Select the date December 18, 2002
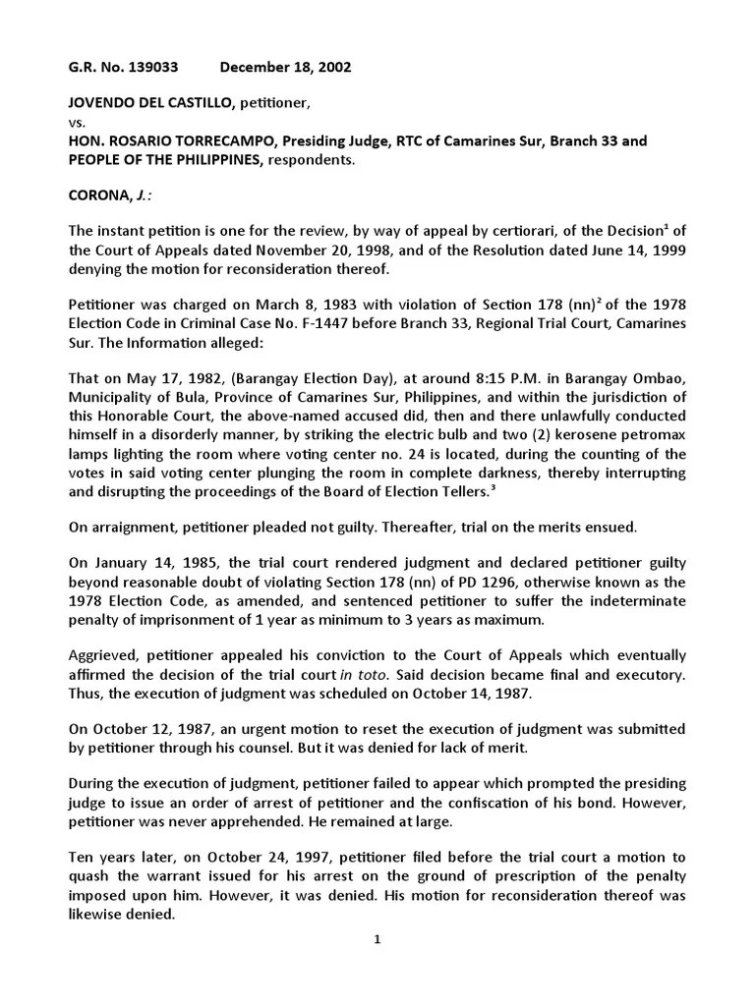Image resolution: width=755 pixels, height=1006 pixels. [x=285, y=67]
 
